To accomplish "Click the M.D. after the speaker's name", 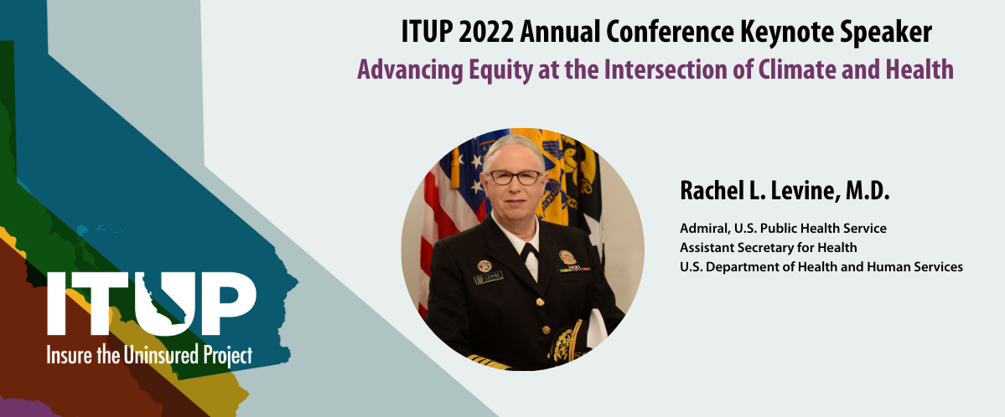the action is (867, 191).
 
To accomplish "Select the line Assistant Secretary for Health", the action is (769, 247).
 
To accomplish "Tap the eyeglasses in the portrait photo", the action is (515, 177).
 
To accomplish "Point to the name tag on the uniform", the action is (489, 278).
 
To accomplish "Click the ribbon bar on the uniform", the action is (574, 269).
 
